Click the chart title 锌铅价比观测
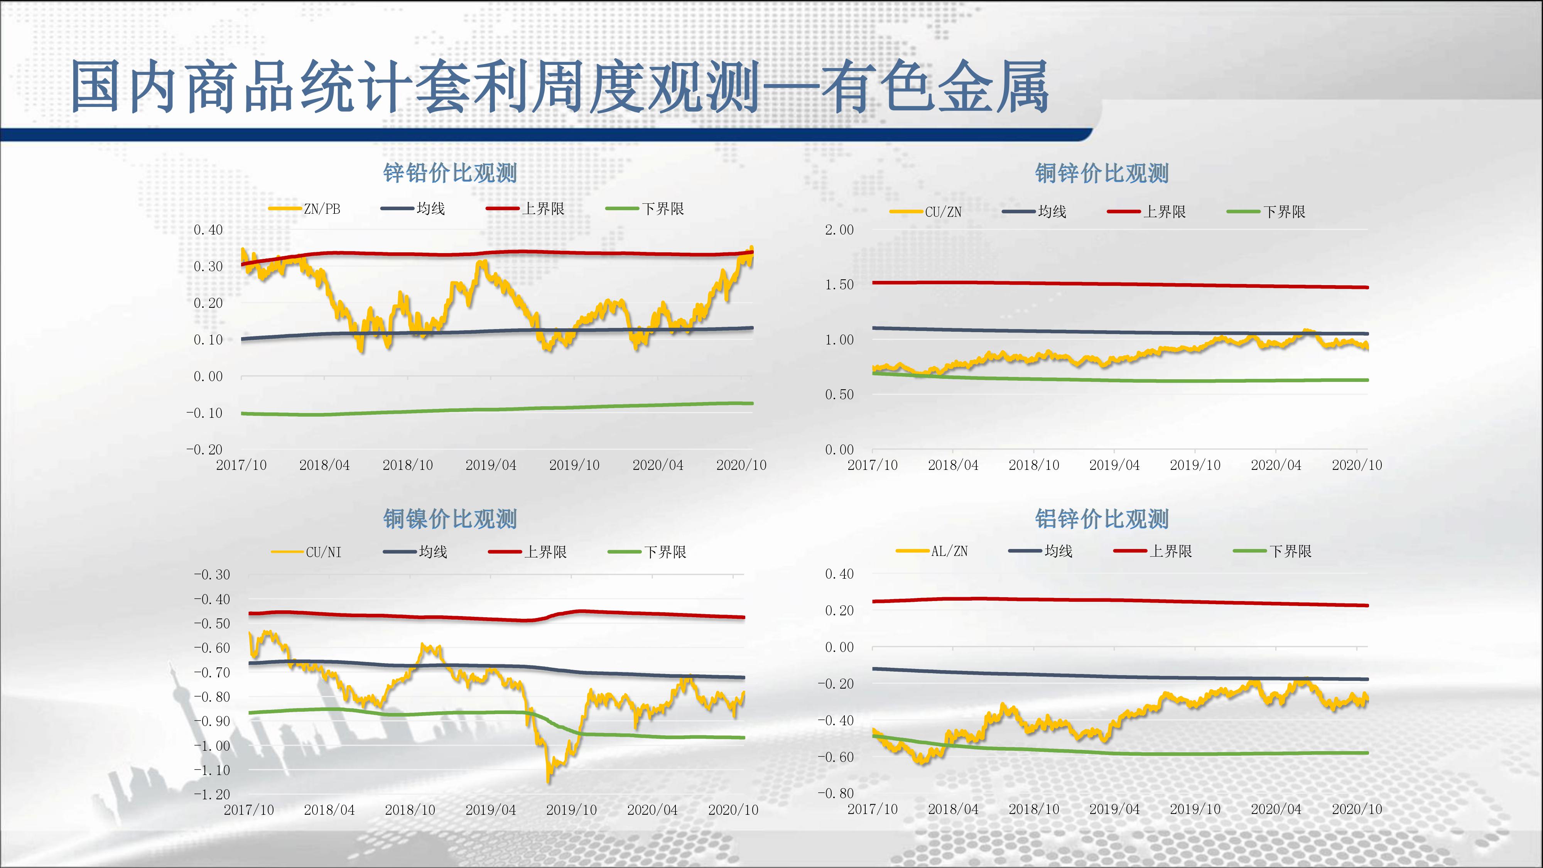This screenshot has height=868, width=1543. click(450, 174)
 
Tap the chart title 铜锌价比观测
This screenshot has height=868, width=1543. click(1102, 174)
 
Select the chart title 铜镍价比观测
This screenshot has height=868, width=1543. click(450, 519)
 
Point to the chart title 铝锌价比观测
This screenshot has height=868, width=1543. click(1102, 519)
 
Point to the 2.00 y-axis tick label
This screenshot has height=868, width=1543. click(839, 230)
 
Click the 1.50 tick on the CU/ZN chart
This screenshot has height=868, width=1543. click(839, 285)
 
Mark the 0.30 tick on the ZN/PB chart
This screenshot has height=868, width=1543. click(208, 267)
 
